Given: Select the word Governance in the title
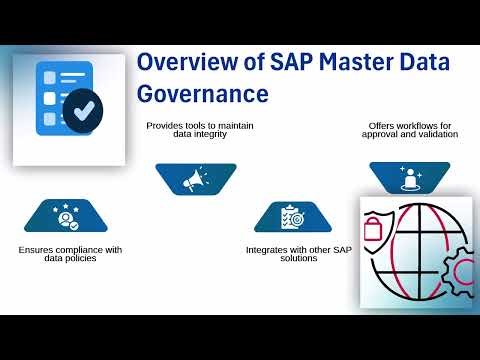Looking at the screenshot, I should pos(203,93).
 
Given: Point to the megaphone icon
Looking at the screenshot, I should pos(195,179).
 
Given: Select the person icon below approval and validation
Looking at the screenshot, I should pos(409,179).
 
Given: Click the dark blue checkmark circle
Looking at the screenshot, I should pos(86,107).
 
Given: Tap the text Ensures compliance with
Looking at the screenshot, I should pos(70,249).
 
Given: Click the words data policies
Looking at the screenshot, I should pos(70,258).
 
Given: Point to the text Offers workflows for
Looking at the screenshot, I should pos(409,125).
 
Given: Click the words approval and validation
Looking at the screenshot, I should pos(409,134).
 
